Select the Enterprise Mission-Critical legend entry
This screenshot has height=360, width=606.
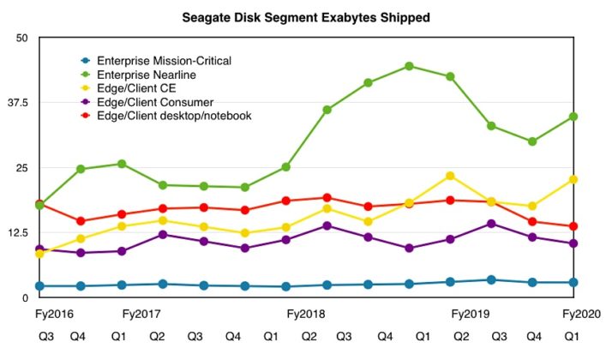[164, 61]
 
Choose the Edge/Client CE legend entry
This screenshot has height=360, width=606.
[137, 88]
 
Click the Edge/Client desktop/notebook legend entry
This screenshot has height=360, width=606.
[174, 116]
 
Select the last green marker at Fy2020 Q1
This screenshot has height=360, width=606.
[573, 117]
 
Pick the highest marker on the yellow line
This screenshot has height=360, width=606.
[450, 176]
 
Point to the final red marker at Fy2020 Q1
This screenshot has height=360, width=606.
[573, 226]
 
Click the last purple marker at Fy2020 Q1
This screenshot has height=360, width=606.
[573, 243]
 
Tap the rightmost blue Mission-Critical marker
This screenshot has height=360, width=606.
[573, 282]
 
